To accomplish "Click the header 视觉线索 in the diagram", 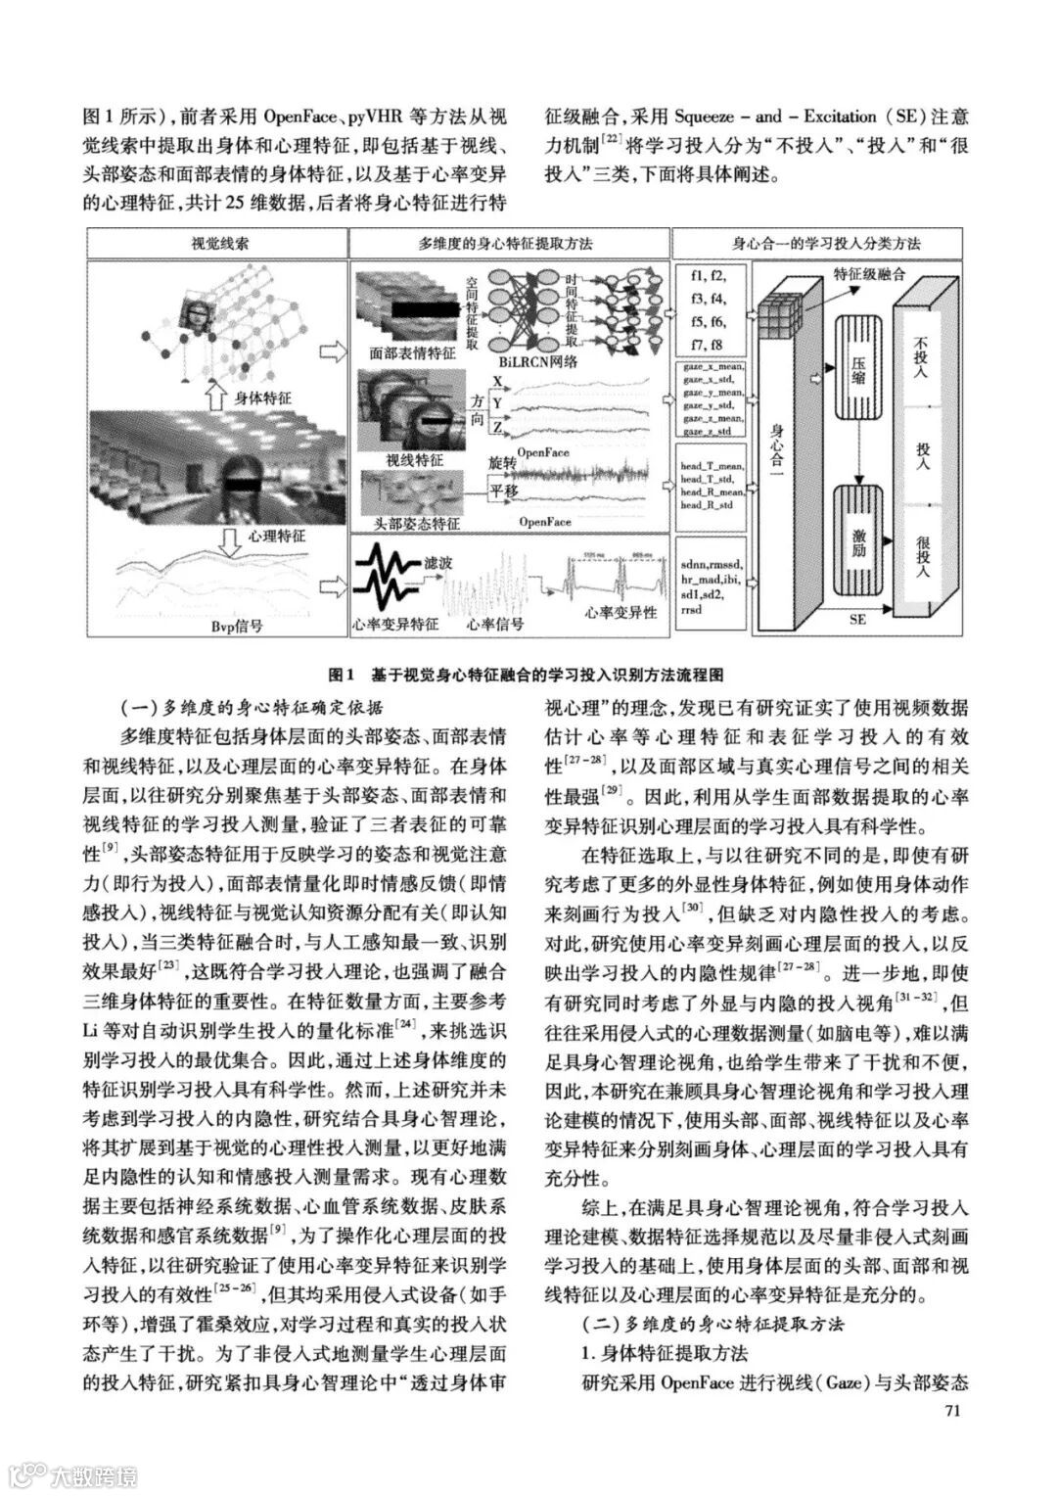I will (x=218, y=243).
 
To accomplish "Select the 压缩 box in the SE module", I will (x=857, y=376).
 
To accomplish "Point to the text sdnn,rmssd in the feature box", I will (x=712, y=565).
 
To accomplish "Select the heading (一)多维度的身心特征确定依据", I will (x=252, y=707).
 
